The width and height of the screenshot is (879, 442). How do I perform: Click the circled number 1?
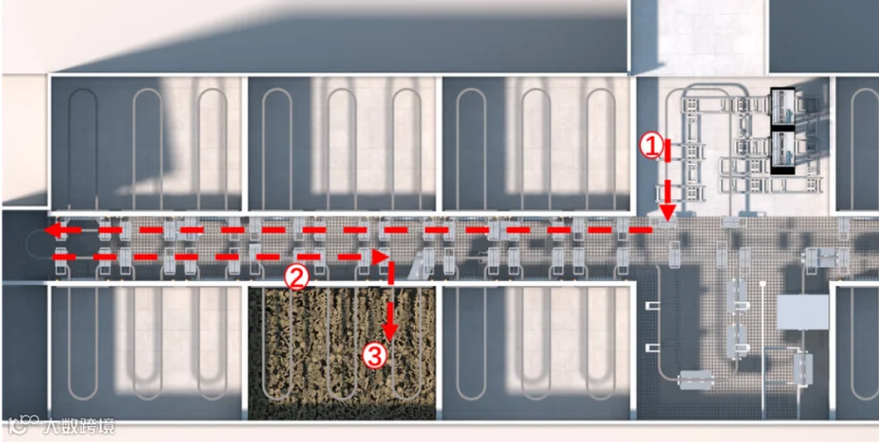tap(652, 146)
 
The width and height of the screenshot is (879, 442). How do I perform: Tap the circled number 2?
tap(297, 277)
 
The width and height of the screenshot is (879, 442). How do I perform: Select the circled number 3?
tap(374, 355)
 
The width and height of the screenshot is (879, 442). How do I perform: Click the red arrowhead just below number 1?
tap(667, 213)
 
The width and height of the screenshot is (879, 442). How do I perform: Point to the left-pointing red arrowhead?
tap(54, 229)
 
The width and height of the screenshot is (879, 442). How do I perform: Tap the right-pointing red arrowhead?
tap(381, 257)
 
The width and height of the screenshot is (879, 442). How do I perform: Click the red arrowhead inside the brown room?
tap(391, 332)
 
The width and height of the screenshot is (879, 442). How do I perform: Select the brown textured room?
tap(342, 353)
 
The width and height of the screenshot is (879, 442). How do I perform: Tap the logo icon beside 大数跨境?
tap(23, 425)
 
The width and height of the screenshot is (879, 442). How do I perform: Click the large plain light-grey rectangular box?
tap(802, 312)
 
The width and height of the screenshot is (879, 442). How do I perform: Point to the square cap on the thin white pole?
tap(763, 285)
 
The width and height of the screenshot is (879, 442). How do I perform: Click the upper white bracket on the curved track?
tap(653, 305)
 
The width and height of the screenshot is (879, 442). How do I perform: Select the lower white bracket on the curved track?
tap(653, 348)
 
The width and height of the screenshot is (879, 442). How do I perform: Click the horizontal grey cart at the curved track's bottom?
tap(695, 380)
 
